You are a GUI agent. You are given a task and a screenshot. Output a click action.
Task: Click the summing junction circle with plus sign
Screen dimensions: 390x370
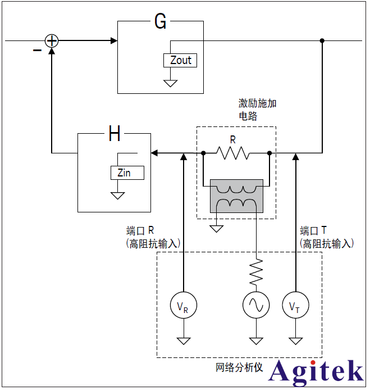[x=52, y=40]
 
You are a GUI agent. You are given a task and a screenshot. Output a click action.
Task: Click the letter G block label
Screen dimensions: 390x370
[x=160, y=22]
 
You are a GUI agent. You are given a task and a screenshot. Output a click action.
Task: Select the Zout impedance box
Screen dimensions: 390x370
[x=180, y=60]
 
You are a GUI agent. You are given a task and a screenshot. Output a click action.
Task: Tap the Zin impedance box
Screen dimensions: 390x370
[x=127, y=173]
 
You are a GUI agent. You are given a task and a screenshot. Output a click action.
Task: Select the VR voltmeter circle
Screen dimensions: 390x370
[x=183, y=306]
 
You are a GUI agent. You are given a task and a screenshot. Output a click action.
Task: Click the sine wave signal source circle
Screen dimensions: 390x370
[x=256, y=306]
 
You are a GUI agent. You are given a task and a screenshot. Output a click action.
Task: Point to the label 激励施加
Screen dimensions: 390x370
[x=257, y=103]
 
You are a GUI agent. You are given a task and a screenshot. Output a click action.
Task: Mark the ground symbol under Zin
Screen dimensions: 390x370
[x=117, y=196]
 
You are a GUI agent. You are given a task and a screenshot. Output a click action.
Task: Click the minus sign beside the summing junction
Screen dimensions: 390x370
[x=37, y=51]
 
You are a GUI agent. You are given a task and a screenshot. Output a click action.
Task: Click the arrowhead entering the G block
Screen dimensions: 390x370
[x=114, y=40]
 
